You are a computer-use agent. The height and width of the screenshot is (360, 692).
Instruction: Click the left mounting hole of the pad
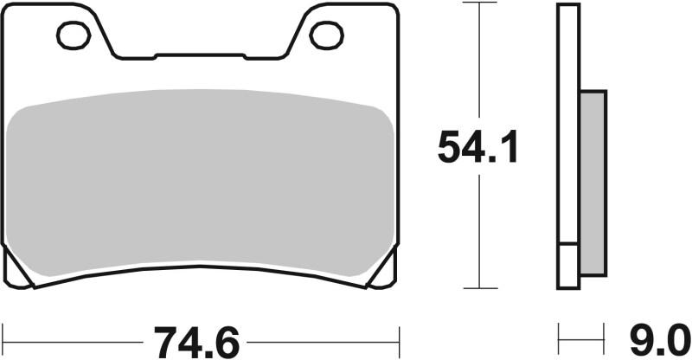click(x=74, y=35)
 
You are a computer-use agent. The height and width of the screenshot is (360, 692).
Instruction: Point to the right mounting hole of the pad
click(x=326, y=35)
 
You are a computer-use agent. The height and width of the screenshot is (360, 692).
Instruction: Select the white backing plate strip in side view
click(x=568, y=130)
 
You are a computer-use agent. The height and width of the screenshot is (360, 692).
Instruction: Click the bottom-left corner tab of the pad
click(x=18, y=267)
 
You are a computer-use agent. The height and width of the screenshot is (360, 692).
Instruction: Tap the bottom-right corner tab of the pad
click(x=384, y=267)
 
